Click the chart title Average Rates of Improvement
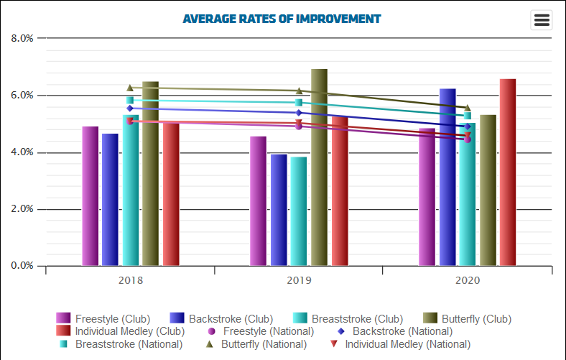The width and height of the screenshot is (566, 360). point(282,18)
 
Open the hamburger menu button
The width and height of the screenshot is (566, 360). point(542,20)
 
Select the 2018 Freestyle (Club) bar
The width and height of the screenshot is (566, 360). point(90,195)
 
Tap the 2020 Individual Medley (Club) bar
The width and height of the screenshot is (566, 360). point(508,172)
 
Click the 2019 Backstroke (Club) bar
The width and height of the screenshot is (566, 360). point(279,210)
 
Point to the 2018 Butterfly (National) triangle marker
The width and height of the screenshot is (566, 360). point(130,88)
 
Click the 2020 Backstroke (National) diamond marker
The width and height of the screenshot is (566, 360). point(468,126)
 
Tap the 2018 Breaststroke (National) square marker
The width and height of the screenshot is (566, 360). point(130,101)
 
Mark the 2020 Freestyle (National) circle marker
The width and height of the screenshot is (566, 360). point(468,139)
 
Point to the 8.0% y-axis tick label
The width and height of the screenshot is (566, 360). point(23,38)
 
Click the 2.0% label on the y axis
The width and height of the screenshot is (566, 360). point(23,209)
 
